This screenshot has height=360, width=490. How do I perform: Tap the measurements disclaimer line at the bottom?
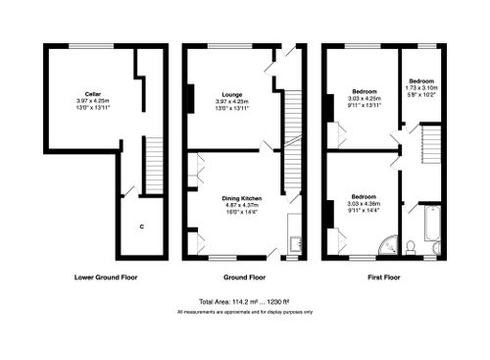[245, 312]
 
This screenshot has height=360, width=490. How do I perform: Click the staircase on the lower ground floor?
[152, 167]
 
